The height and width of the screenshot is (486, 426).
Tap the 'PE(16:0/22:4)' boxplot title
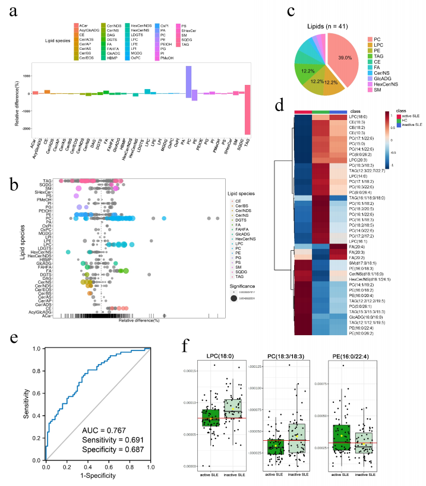354,356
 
